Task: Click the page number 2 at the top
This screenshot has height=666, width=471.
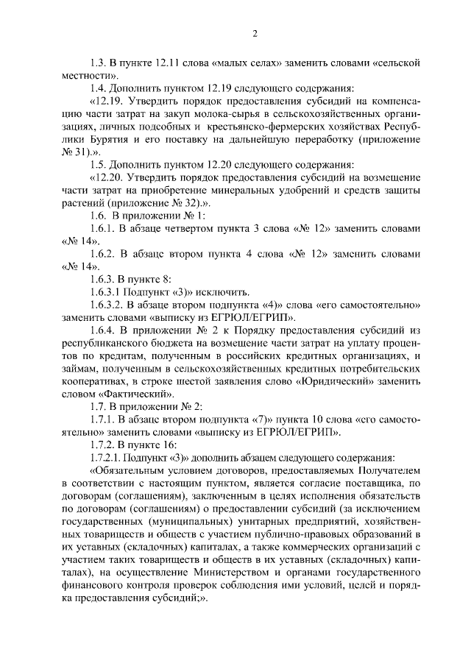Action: [254, 33]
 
